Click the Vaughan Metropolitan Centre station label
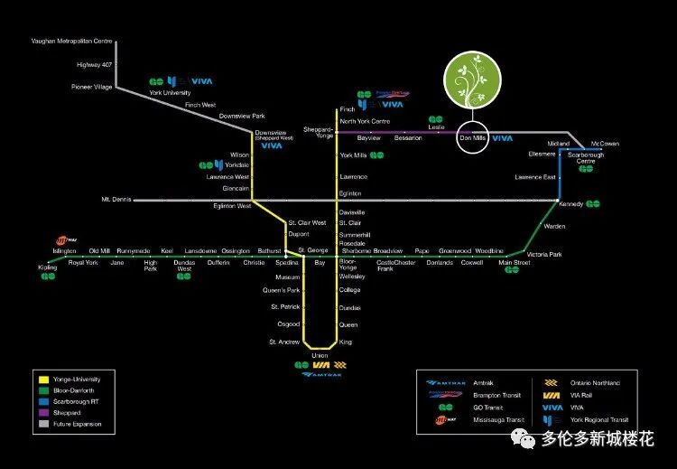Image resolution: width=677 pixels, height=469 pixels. click(x=72, y=42)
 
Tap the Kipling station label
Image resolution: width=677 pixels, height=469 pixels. click(x=47, y=268)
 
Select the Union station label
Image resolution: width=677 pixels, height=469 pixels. click(x=320, y=355)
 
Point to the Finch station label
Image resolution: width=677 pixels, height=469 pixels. click(x=348, y=109)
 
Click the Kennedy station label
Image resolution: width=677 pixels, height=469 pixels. click(x=571, y=205)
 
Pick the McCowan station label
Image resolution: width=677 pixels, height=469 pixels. click(x=605, y=144)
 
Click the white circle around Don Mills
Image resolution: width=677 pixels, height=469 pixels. click(x=473, y=137)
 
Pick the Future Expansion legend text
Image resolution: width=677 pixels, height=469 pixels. click(x=78, y=424)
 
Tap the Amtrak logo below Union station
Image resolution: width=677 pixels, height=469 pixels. click(x=320, y=374)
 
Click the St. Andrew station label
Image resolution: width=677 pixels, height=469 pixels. click(x=283, y=342)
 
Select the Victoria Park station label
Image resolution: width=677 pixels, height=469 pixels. click(x=544, y=255)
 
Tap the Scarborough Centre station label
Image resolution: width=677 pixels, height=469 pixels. click(x=586, y=157)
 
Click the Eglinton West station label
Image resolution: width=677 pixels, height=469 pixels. click(x=232, y=207)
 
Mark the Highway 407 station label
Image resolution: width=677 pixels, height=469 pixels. click(x=95, y=64)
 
